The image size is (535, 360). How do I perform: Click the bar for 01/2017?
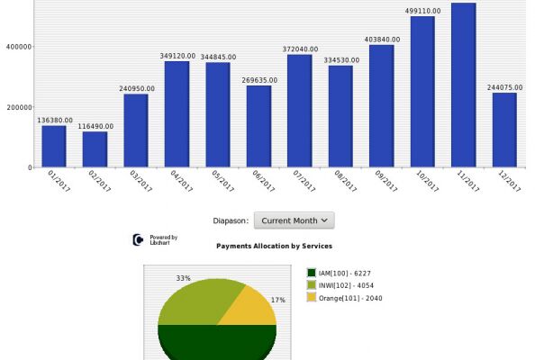(54, 146)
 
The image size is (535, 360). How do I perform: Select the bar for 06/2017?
(259, 126)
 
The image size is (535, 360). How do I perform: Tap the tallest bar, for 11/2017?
(463, 85)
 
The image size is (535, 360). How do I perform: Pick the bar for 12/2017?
(504, 130)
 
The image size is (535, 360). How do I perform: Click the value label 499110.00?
(422, 11)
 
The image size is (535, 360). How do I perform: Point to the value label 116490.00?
(95, 127)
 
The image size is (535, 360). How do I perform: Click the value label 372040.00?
(300, 49)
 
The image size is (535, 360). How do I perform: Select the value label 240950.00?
(137, 88)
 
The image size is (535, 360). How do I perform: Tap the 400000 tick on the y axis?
(19, 47)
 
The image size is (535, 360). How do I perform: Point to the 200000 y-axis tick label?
(19, 107)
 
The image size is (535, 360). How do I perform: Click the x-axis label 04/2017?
(182, 181)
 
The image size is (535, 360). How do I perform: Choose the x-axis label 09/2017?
(385, 181)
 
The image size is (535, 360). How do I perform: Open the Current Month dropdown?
(295, 220)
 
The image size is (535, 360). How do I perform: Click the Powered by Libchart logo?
(155, 239)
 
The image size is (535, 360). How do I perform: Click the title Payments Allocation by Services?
(275, 246)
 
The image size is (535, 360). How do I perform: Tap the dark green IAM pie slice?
(217, 342)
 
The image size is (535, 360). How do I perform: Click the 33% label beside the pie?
(183, 278)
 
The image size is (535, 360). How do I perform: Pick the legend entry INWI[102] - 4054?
(340, 285)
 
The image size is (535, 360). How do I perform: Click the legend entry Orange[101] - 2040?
(345, 298)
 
